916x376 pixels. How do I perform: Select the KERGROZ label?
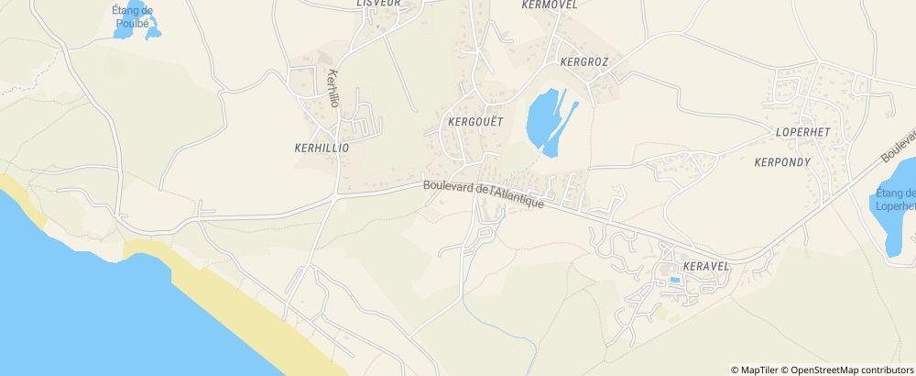[x=583, y=62]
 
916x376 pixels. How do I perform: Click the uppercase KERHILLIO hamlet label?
[x=322, y=147]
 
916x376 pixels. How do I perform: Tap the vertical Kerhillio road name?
[x=333, y=89]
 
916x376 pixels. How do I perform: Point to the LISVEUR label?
[x=378, y=4]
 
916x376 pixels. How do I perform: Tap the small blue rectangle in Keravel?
[x=675, y=279]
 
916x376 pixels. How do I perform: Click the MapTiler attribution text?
[x=756, y=370]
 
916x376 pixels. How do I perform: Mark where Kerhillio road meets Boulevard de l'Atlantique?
[x=337, y=194]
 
